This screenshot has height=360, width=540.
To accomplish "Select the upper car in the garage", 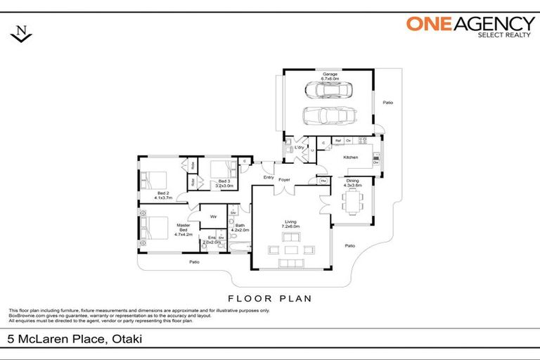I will (x=329, y=90).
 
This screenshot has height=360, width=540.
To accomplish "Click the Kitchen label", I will (x=350, y=157).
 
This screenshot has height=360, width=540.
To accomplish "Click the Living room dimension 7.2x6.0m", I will (x=290, y=226).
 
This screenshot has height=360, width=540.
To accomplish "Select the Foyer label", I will (x=284, y=179).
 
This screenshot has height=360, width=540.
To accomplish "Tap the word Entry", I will (x=269, y=177).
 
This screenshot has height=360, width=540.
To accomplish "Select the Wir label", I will (x=213, y=217).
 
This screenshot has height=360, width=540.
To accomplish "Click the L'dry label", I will (x=299, y=148).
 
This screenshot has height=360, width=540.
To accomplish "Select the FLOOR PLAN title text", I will (x=270, y=298).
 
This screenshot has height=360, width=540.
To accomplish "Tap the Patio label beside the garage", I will (x=387, y=103).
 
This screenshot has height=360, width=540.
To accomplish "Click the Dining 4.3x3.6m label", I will (x=352, y=183).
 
